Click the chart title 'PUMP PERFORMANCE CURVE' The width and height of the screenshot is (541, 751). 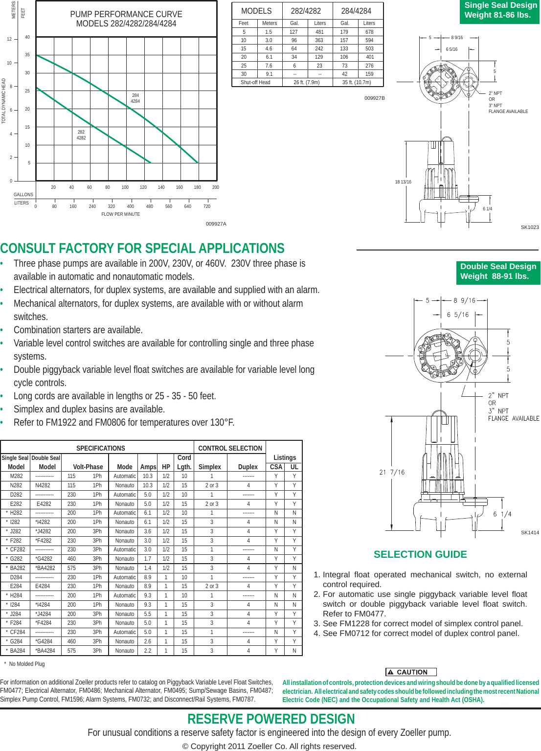(x=126, y=15)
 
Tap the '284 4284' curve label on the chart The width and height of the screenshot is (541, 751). (x=135, y=98)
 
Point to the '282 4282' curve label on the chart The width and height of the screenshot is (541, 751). (x=81, y=135)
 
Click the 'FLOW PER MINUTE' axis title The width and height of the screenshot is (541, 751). (x=120, y=214)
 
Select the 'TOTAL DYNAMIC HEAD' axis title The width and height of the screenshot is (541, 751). (x=4, y=101)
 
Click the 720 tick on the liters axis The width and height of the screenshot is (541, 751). (x=207, y=206)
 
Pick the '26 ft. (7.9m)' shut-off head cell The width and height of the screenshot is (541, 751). (x=307, y=82)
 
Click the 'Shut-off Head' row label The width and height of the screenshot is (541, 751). (x=255, y=82)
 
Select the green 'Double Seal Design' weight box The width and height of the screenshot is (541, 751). (x=498, y=272)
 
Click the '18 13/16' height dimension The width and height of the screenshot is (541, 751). (x=403, y=182)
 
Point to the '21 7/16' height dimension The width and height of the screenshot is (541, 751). (x=392, y=472)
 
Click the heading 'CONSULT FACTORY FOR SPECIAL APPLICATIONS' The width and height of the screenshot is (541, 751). (x=142, y=249)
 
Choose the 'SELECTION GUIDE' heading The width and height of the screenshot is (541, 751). (x=420, y=554)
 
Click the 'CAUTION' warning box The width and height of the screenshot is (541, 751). (x=411, y=672)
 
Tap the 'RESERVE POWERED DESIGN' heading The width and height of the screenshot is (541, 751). (x=271, y=719)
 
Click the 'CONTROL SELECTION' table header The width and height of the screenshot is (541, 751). (x=230, y=448)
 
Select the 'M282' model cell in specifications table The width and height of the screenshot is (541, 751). (x=16, y=476)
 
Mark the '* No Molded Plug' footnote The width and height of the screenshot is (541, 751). (x=24, y=664)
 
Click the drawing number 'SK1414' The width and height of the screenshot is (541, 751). (x=530, y=532)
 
